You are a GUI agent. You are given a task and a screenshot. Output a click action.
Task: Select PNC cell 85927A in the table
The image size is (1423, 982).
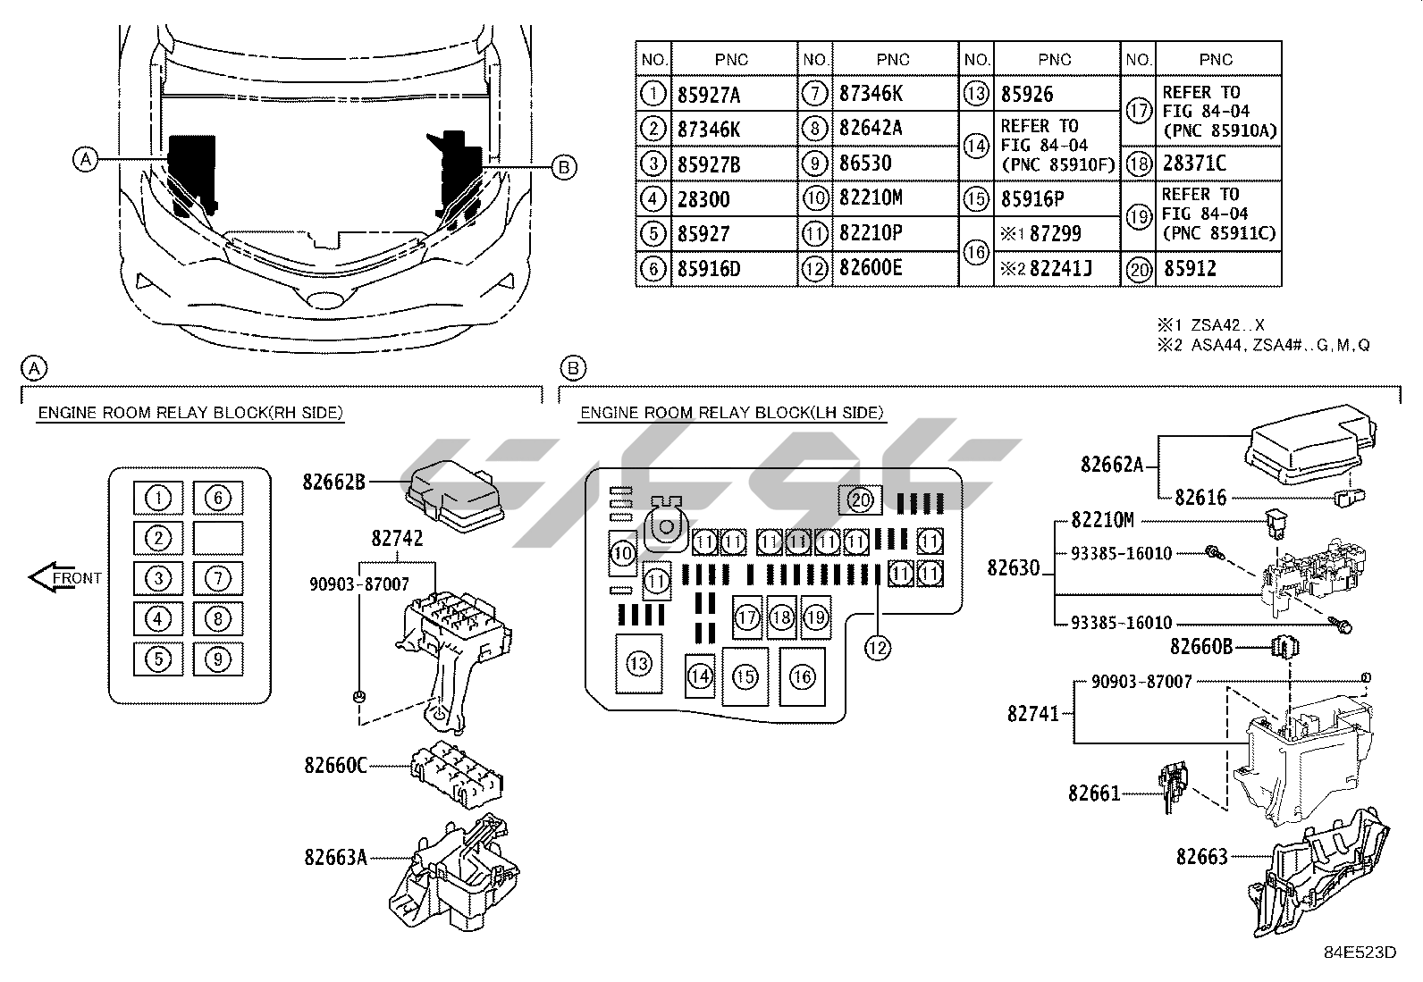(710, 95)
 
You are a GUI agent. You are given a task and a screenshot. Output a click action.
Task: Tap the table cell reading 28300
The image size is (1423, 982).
(703, 199)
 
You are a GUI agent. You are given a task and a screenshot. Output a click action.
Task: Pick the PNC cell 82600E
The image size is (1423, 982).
(871, 268)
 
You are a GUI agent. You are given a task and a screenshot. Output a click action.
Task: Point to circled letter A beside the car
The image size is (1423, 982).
(86, 160)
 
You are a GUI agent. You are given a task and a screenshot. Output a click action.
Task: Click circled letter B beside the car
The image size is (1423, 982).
(563, 166)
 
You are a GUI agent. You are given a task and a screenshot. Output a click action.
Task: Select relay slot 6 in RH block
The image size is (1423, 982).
(217, 498)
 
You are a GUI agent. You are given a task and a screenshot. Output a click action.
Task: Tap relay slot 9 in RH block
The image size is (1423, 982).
(217, 659)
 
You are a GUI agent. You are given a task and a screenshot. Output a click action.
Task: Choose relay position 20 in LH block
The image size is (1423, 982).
(860, 499)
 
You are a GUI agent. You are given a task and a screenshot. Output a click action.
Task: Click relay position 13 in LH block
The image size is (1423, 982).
(638, 664)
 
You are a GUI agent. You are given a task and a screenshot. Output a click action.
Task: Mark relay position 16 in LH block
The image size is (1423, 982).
(802, 676)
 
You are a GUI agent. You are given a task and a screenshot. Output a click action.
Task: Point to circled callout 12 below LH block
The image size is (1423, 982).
(878, 648)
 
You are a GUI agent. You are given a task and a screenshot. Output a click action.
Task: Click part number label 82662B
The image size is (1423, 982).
(334, 483)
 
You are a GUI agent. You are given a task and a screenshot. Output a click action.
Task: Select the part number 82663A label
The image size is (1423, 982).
(335, 858)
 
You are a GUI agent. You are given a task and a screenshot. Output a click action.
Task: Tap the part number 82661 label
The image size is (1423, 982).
(1093, 793)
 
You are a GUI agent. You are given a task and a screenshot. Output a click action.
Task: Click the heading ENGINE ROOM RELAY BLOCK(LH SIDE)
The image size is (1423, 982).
(731, 413)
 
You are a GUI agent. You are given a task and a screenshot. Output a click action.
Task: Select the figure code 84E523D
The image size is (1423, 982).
(1360, 952)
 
